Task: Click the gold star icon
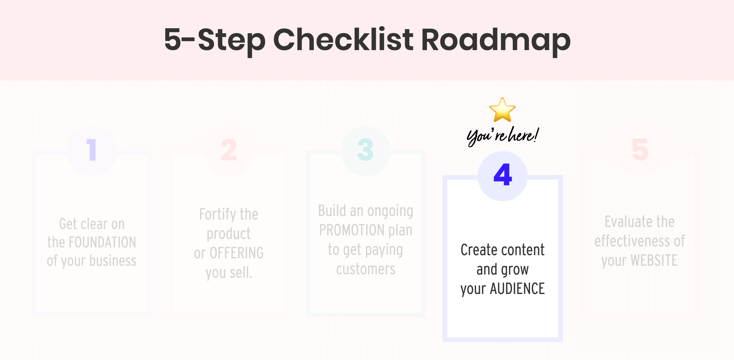click(x=502, y=110)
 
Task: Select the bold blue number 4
click(x=503, y=175)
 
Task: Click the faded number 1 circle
click(x=92, y=150)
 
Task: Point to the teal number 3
click(x=365, y=150)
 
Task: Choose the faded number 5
click(x=639, y=150)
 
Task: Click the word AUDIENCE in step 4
click(x=517, y=289)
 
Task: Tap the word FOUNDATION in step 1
click(x=102, y=242)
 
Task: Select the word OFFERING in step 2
click(x=236, y=253)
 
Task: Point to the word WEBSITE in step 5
click(x=654, y=261)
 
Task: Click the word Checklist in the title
click(x=343, y=40)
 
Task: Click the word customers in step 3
click(x=366, y=269)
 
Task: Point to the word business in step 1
click(x=113, y=261)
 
